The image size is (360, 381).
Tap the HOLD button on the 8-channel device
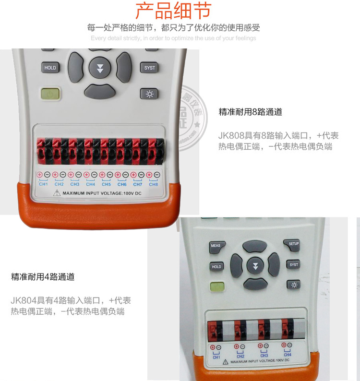50,68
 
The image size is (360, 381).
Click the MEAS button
216,246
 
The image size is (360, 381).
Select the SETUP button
294,244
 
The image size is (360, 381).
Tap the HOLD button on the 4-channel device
216,267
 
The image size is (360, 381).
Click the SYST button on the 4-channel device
294,264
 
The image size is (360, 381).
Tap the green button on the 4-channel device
216,287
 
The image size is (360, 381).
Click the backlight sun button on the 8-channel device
149,94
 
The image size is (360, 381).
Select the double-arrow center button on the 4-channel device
255,265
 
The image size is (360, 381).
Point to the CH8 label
153,184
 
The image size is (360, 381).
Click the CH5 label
106,184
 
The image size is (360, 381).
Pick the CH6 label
122,184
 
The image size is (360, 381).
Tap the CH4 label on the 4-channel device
287,355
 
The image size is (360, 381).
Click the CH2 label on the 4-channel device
240,357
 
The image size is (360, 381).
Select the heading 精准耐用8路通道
250,112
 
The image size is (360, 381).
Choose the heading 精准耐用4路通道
43,277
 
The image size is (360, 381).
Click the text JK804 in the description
23,300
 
